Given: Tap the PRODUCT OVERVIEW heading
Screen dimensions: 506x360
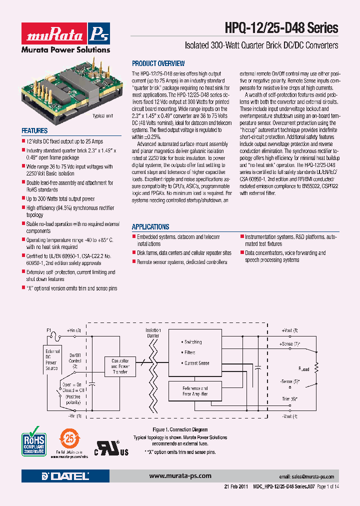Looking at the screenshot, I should click(x=158, y=63).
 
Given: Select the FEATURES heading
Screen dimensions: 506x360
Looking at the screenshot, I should click(x=34, y=131).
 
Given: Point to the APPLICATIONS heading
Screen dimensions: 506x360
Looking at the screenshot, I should click(x=150, y=226).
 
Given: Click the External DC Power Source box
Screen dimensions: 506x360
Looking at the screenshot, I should click(x=52, y=359).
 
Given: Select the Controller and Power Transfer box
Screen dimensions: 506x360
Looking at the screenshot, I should click(x=120, y=366).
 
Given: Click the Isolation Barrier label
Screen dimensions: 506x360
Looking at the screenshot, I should click(x=153, y=333).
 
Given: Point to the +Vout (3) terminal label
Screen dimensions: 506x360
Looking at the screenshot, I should click(x=289, y=331).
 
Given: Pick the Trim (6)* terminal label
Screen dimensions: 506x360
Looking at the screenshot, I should click(x=289, y=398).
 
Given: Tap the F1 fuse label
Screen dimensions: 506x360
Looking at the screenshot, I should click(x=48, y=330).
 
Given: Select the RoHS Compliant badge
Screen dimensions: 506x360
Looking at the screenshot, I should click(x=33, y=440).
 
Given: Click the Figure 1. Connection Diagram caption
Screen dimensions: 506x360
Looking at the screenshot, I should click(x=180, y=429).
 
